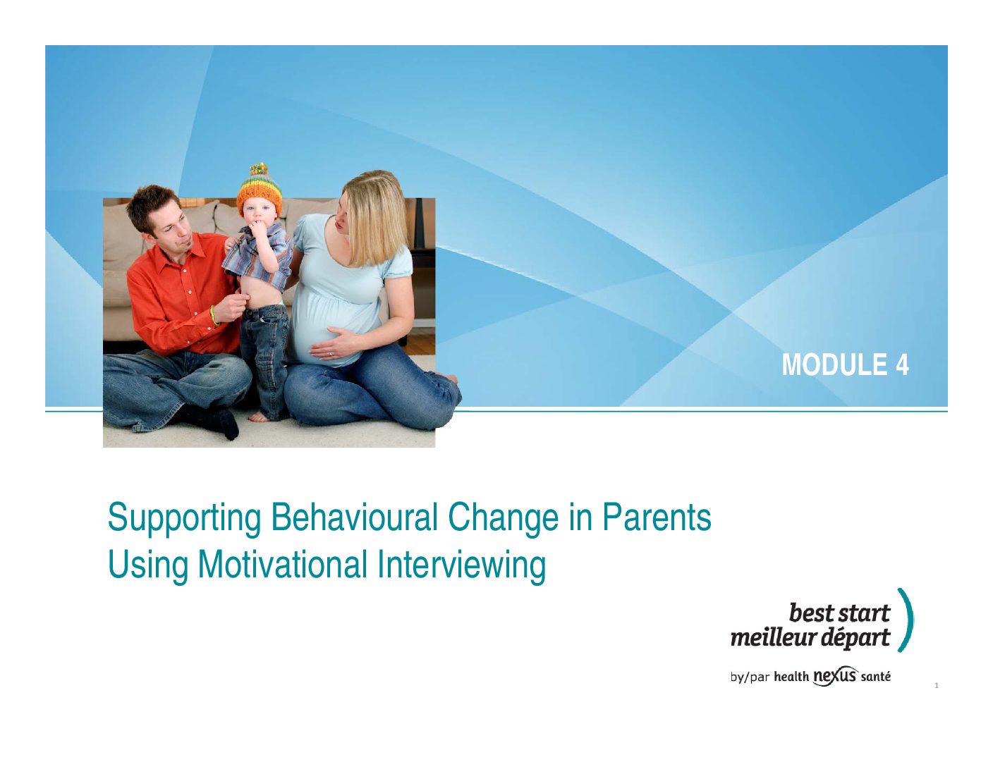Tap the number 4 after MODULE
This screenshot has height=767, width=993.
(902, 364)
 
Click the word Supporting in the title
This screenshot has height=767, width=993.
(184, 520)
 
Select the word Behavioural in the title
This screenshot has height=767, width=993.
(354, 517)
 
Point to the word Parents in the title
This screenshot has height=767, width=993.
(657, 517)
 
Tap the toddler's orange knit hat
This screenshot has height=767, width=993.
(259, 191)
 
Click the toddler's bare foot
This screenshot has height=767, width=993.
(259, 417)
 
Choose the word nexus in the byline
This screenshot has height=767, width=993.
(835, 675)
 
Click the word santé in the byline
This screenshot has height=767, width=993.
(875, 677)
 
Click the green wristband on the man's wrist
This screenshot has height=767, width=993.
(214, 315)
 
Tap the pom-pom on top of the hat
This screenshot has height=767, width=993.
(258, 168)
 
